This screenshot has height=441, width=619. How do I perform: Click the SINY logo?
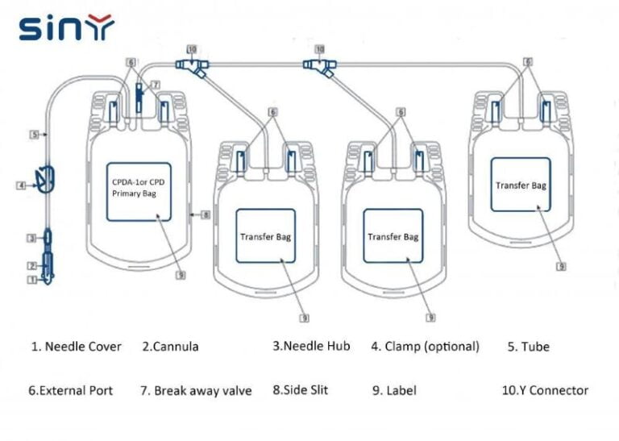(x=67, y=28)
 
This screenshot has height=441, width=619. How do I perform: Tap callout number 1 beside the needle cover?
(x=32, y=280)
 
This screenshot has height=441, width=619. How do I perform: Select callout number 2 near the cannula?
(x=32, y=265)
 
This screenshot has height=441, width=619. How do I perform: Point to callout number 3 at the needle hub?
(x=32, y=238)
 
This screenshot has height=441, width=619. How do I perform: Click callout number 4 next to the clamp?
(x=21, y=185)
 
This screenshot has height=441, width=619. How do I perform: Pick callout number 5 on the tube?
(x=35, y=135)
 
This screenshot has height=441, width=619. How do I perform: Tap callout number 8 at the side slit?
(x=206, y=214)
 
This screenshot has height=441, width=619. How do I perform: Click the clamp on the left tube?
(x=46, y=177)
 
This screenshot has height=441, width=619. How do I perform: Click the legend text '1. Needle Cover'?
(x=77, y=347)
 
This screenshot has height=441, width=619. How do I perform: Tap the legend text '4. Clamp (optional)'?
(x=425, y=347)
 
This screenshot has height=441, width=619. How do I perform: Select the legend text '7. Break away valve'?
(x=196, y=391)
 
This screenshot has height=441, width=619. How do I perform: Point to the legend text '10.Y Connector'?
(x=545, y=390)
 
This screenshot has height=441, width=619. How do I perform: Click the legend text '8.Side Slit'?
(x=300, y=390)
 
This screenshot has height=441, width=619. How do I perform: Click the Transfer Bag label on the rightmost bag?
(x=520, y=185)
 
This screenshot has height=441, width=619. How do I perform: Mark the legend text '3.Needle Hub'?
(x=311, y=346)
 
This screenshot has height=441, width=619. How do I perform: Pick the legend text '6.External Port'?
(x=70, y=391)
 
